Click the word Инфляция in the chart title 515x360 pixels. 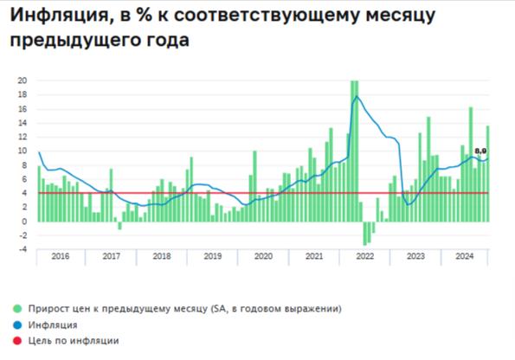[59, 14]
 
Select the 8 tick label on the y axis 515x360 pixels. [23, 165]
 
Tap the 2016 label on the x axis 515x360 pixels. [61, 257]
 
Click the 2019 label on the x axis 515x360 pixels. [213, 257]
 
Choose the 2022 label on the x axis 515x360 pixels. [365, 257]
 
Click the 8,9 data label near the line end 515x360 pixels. [480, 151]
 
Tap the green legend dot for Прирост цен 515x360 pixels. [17, 308]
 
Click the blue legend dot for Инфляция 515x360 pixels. [17, 325]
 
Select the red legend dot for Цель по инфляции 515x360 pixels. [17, 341]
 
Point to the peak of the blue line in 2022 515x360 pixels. [356, 96]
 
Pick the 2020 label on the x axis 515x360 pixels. [264, 257]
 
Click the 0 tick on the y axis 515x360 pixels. [23, 222]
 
